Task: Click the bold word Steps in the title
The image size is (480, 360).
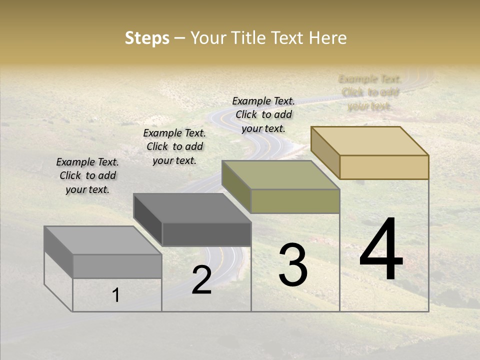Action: (x=147, y=38)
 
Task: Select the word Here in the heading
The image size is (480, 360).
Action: (x=327, y=38)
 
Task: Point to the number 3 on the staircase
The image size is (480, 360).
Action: (x=292, y=265)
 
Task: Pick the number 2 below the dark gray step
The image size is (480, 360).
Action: (x=201, y=280)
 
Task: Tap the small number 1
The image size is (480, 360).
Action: (x=116, y=295)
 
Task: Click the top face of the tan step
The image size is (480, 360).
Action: (x=369, y=140)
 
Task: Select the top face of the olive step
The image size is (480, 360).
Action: (x=280, y=174)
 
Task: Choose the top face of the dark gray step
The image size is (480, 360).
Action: (x=192, y=208)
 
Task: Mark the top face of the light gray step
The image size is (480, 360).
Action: (x=102, y=240)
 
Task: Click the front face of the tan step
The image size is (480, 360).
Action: (x=384, y=167)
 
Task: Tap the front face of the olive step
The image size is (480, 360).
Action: (x=295, y=201)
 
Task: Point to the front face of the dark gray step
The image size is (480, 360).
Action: (x=206, y=234)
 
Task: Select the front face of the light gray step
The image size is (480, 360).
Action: (x=117, y=266)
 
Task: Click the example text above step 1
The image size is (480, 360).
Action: (x=87, y=175)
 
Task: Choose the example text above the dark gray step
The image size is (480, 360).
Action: (x=174, y=146)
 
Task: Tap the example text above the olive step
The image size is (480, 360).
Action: (x=263, y=114)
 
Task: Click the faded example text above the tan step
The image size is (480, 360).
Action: (x=370, y=92)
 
